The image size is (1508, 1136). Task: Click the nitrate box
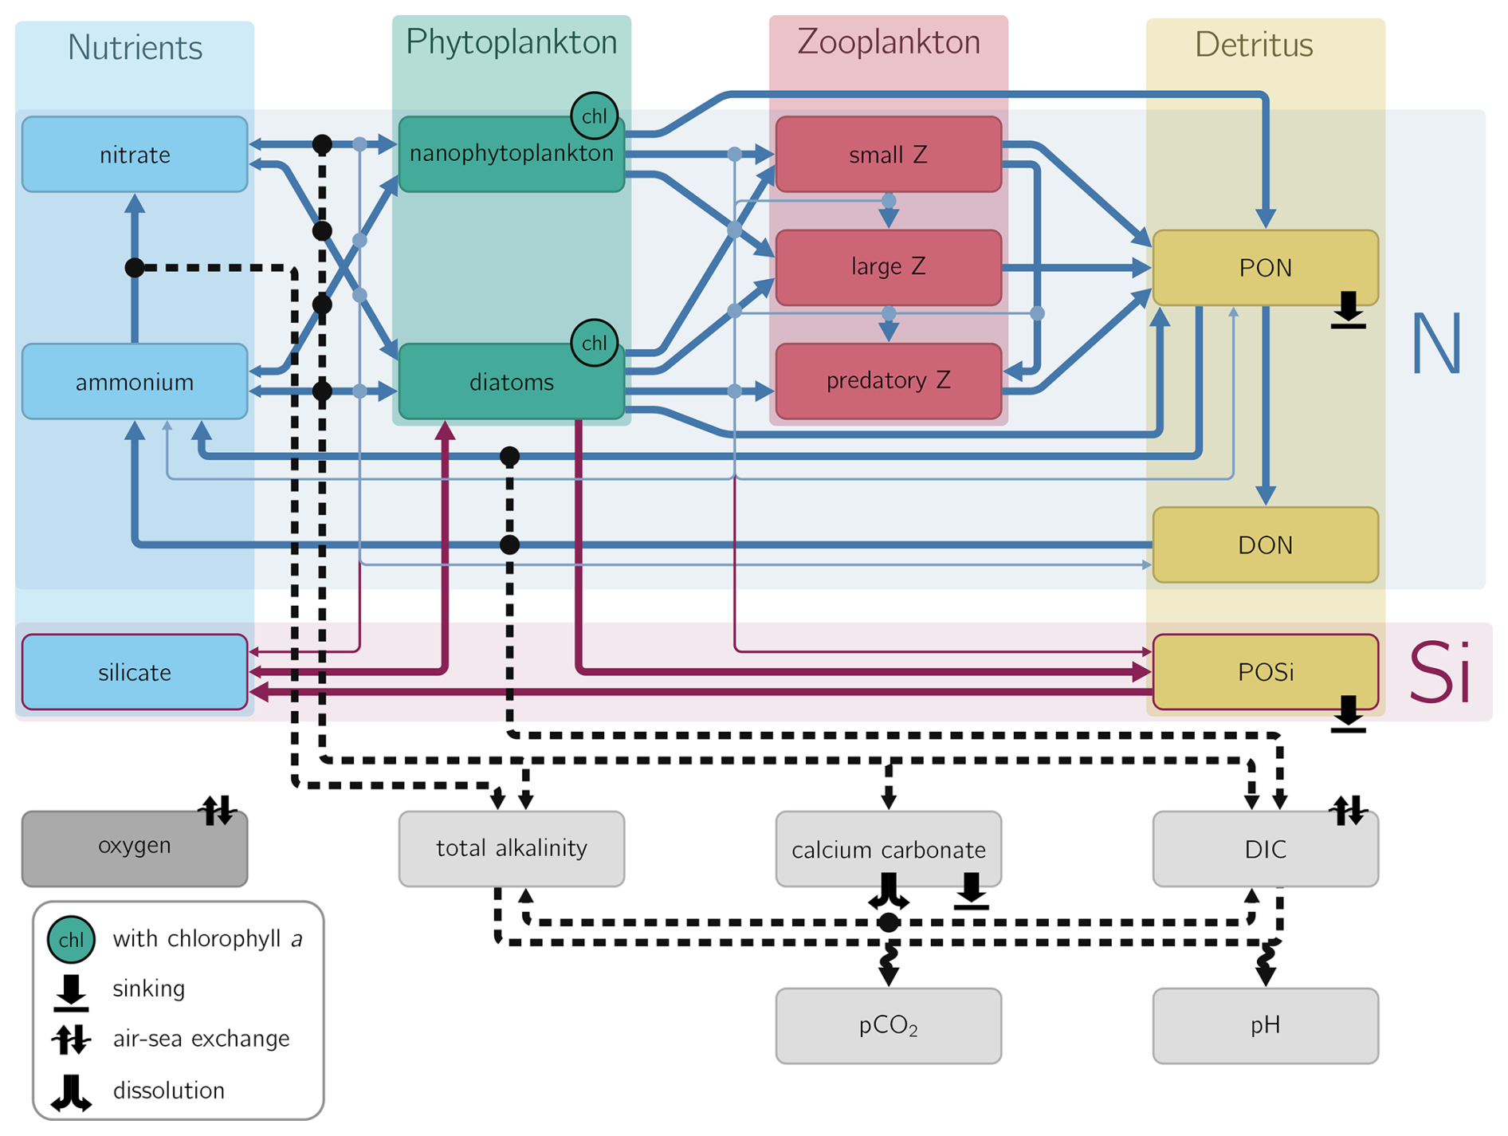[135, 155]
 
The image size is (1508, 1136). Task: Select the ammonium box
[135, 382]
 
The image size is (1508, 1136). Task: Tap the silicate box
[135, 672]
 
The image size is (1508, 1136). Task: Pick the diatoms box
[511, 383]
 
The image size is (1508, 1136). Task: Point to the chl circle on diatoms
[594, 343]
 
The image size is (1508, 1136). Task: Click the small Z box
[888, 155]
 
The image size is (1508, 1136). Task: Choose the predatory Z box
[888, 381]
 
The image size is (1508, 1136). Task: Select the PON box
[1265, 268]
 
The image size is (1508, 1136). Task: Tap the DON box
[1265, 545]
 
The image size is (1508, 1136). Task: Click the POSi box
[1265, 672]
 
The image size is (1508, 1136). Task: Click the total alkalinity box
[511, 848]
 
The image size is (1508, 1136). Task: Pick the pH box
[1265, 1025]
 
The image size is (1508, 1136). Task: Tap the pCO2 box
[888, 1025]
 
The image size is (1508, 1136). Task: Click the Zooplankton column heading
[888, 42]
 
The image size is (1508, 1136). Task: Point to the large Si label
[1439, 672]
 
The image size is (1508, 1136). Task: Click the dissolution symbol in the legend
[71, 1092]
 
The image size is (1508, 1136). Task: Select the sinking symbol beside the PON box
[1348, 310]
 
